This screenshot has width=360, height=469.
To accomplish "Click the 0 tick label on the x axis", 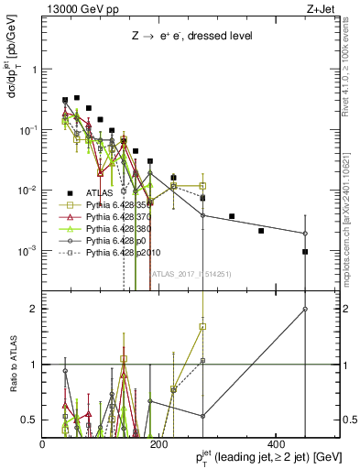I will tap(43, 444).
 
